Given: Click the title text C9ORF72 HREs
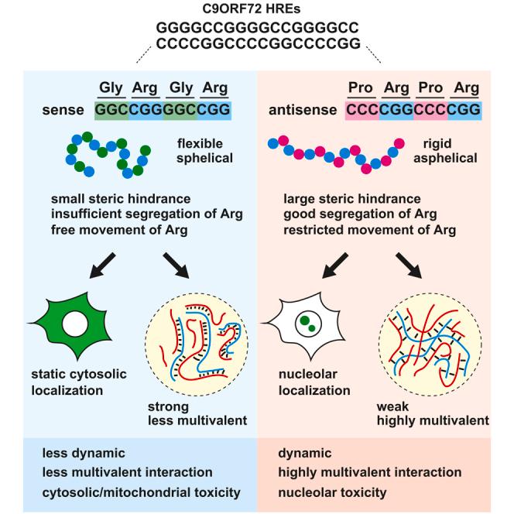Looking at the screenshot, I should (x=257, y=9).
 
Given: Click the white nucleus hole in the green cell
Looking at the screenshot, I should (x=75, y=323).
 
